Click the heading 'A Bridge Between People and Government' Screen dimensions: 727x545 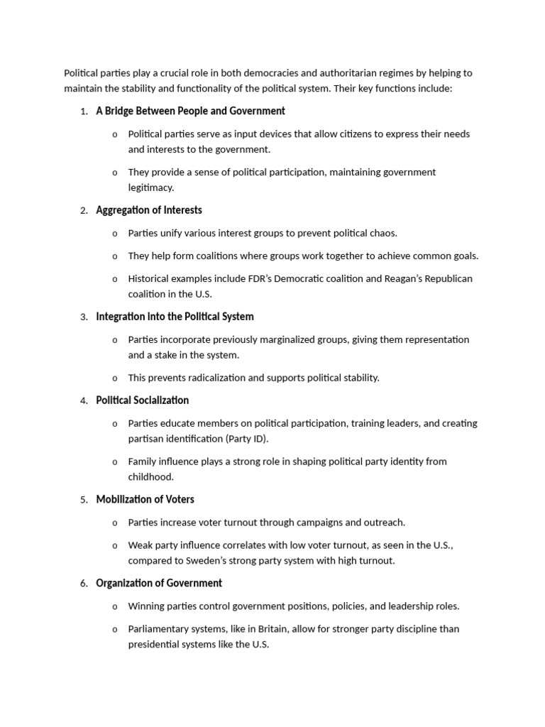click(x=190, y=111)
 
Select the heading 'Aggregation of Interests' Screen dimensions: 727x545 click(x=149, y=210)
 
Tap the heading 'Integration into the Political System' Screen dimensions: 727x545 click(x=175, y=317)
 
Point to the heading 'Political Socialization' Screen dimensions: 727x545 click(x=143, y=400)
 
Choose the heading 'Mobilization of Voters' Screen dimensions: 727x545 click(x=145, y=500)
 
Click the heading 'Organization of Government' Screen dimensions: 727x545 click(x=159, y=584)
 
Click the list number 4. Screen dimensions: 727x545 click(x=84, y=401)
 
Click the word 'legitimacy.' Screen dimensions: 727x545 click(x=150, y=188)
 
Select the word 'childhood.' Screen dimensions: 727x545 click(x=150, y=478)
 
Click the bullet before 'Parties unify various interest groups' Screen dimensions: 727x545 click(x=115, y=234)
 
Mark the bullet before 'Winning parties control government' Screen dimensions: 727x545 click(x=115, y=607)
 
